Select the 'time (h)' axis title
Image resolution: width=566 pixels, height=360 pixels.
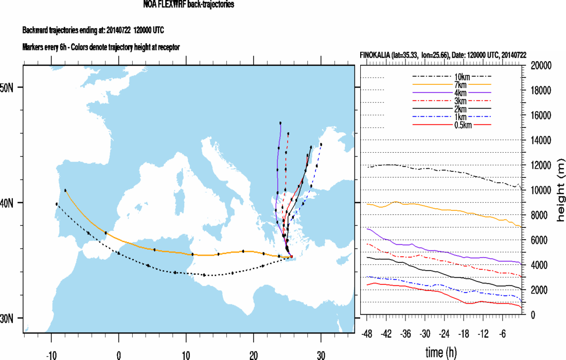tap(440, 352)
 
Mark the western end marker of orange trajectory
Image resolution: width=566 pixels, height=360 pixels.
tap(65, 190)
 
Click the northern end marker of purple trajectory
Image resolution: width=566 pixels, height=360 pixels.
tap(280, 123)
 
